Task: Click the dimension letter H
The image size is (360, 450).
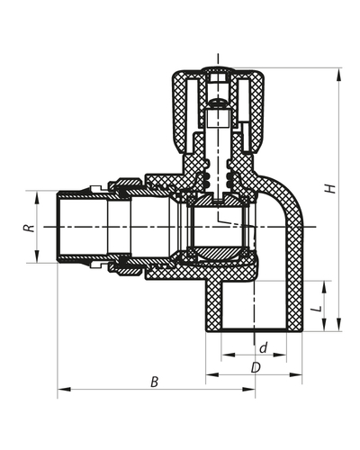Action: (x=330, y=188)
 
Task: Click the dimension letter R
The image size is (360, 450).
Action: (x=29, y=228)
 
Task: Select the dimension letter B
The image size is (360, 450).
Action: (x=154, y=382)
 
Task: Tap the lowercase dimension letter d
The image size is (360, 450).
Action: (x=264, y=348)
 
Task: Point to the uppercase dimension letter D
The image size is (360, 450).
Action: (x=256, y=367)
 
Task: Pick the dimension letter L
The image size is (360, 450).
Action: (x=318, y=309)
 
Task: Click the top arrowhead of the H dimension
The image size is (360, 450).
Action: (x=339, y=75)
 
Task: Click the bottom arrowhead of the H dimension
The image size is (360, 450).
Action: (x=339, y=325)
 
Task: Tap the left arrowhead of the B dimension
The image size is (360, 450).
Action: (x=64, y=390)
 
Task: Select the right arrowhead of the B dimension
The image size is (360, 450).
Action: (x=248, y=390)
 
